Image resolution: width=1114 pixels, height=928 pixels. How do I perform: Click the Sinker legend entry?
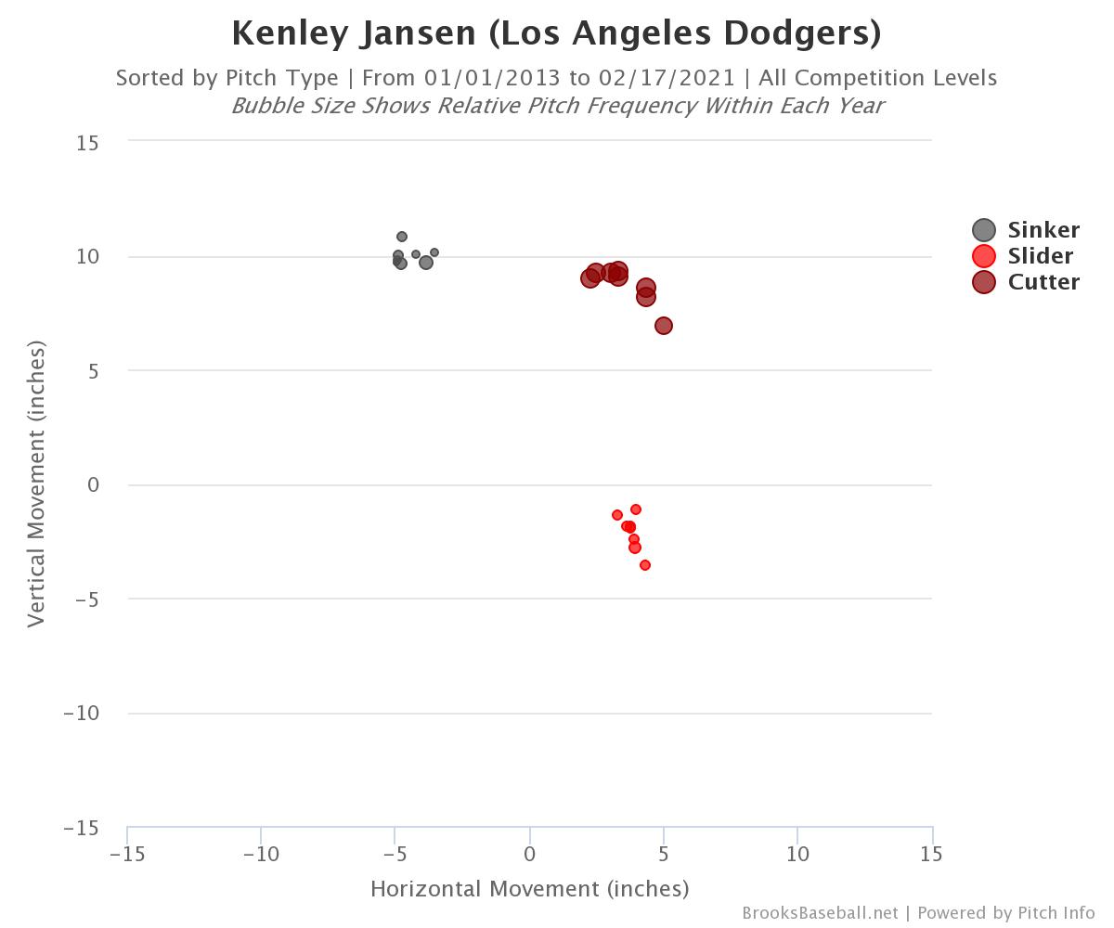[1026, 230]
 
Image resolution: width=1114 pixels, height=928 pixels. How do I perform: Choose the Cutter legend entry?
[1026, 282]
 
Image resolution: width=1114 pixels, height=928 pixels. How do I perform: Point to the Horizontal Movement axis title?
[529, 889]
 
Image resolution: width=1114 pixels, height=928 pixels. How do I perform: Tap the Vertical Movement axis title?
[36, 483]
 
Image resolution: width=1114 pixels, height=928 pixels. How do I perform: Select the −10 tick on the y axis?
[82, 713]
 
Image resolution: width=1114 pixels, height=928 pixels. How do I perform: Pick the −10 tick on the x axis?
[261, 853]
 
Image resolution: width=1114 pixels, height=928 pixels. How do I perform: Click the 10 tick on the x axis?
[797, 853]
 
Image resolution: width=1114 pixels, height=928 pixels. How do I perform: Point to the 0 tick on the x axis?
[529, 853]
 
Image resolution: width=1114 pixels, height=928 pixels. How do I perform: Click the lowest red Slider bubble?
[645, 565]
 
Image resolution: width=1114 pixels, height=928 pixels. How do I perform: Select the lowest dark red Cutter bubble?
[664, 326]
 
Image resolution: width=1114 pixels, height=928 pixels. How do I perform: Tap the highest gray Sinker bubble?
[402, 237]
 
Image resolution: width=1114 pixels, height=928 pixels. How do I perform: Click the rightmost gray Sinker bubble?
[434, 252]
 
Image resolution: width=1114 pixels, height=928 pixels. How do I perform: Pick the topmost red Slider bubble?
[636, 509]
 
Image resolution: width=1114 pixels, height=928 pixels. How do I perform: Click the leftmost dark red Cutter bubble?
[589, 278]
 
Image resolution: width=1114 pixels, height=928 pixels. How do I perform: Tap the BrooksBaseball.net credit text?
[820, 913]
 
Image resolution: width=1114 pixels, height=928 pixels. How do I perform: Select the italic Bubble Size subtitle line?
[556, 106]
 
